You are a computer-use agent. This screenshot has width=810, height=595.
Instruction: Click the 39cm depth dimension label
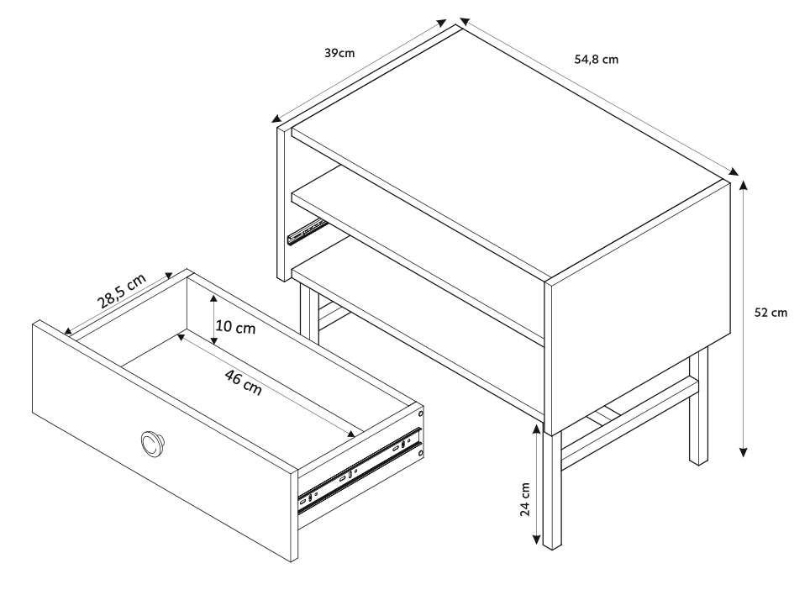pos(339,53)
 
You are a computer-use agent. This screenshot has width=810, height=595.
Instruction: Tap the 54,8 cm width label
pos(597,60)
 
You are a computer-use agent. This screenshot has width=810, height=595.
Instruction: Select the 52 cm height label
pos(770,313)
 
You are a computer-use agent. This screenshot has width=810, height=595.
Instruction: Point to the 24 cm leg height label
pos(525,499)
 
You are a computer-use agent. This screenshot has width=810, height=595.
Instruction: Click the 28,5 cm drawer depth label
pos(120,290)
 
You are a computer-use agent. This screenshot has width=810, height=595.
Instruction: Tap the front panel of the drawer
pos(160,437)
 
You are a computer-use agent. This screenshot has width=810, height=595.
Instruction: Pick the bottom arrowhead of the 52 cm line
pos(744,452)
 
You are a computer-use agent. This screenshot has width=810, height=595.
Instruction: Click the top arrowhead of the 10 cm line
pos(215,298)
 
